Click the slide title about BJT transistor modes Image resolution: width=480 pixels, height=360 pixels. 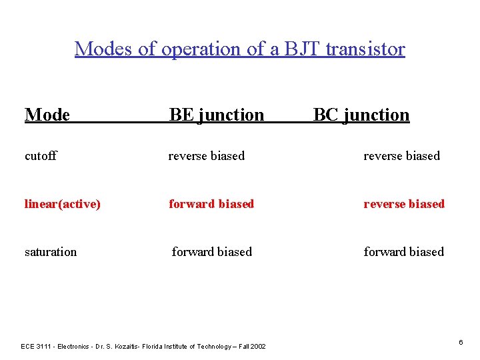pos(239,49)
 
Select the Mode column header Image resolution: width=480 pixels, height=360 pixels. pos(47,115)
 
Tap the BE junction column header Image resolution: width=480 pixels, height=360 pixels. pos(217,115)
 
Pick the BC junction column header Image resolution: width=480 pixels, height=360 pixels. pos(361,115)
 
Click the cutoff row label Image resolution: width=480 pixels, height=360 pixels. pos(41,156)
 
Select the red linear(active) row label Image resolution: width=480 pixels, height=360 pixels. pos(63,204)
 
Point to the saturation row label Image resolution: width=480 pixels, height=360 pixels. pos(51,252)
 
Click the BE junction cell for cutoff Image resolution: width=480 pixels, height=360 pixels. pos(207,156)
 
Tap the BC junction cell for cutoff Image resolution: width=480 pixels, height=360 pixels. pos(401,156)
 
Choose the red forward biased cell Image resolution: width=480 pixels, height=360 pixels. pos(211,204)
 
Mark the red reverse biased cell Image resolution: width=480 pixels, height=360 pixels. pos(404,204)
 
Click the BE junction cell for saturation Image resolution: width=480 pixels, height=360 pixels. pos(212,252)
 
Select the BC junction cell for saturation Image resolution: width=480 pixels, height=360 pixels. pos(403,252)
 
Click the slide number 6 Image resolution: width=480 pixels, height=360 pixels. pos(461,342)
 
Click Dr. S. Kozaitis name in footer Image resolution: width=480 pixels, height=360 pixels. pos(117,347)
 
